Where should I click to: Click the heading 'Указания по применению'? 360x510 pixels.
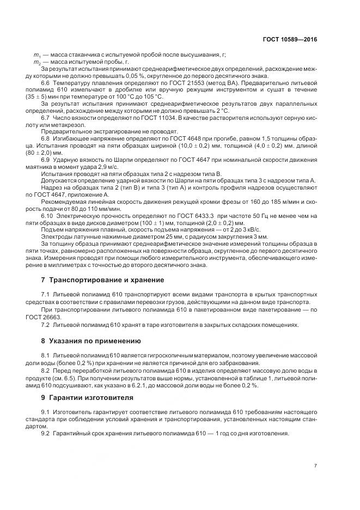(x=90, y=341)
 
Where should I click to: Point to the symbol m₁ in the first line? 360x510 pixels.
(x=37, y=55)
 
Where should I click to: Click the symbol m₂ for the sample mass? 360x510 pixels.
(x=37, y=62)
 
